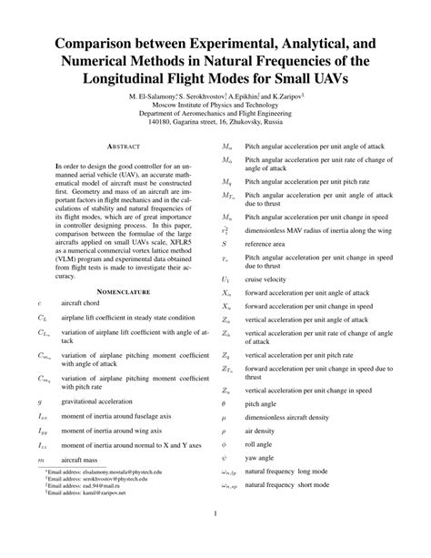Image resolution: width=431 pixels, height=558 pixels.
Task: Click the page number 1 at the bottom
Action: [215, 542]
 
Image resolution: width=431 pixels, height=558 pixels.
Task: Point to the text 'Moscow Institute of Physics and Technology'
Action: [215, 106]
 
